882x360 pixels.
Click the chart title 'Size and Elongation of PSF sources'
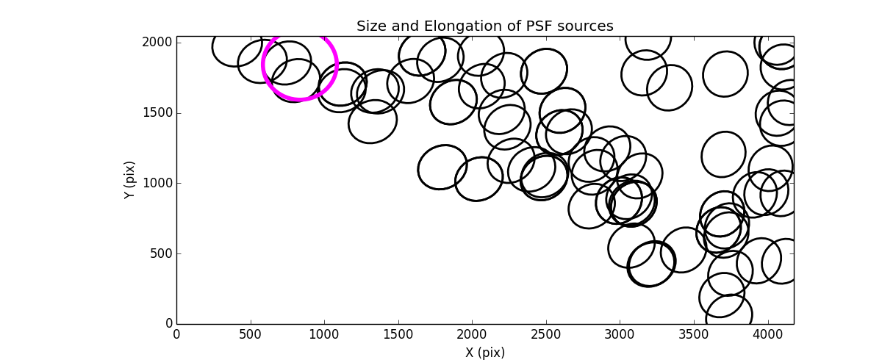tap(485, 26)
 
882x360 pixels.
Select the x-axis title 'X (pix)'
tap(485, 352)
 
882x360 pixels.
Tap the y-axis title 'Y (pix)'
tap(130, 180)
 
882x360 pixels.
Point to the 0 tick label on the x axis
tap(176, 335)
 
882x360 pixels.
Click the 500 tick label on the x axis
tap(251, 335)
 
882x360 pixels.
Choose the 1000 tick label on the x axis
tap(324, 335)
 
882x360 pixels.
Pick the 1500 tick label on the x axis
tap(398, 335)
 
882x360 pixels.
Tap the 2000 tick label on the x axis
tap(472, 335)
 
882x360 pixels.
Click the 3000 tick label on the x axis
tap(620, 335)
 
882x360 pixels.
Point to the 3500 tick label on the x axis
tap(694, 335)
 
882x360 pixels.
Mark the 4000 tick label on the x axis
tap(767, 335)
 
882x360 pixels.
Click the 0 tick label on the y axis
tap(168, 324)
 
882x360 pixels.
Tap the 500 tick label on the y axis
tap(162, 253)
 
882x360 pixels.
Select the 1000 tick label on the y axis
tap(159, 183)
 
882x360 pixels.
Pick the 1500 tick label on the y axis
tap(159, 113)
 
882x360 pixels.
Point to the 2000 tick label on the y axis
tap(159, 43)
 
